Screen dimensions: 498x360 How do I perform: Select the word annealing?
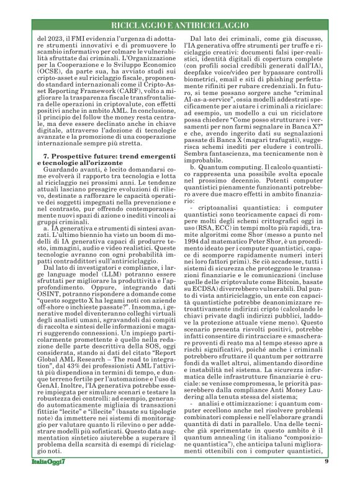tap(227, 443)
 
